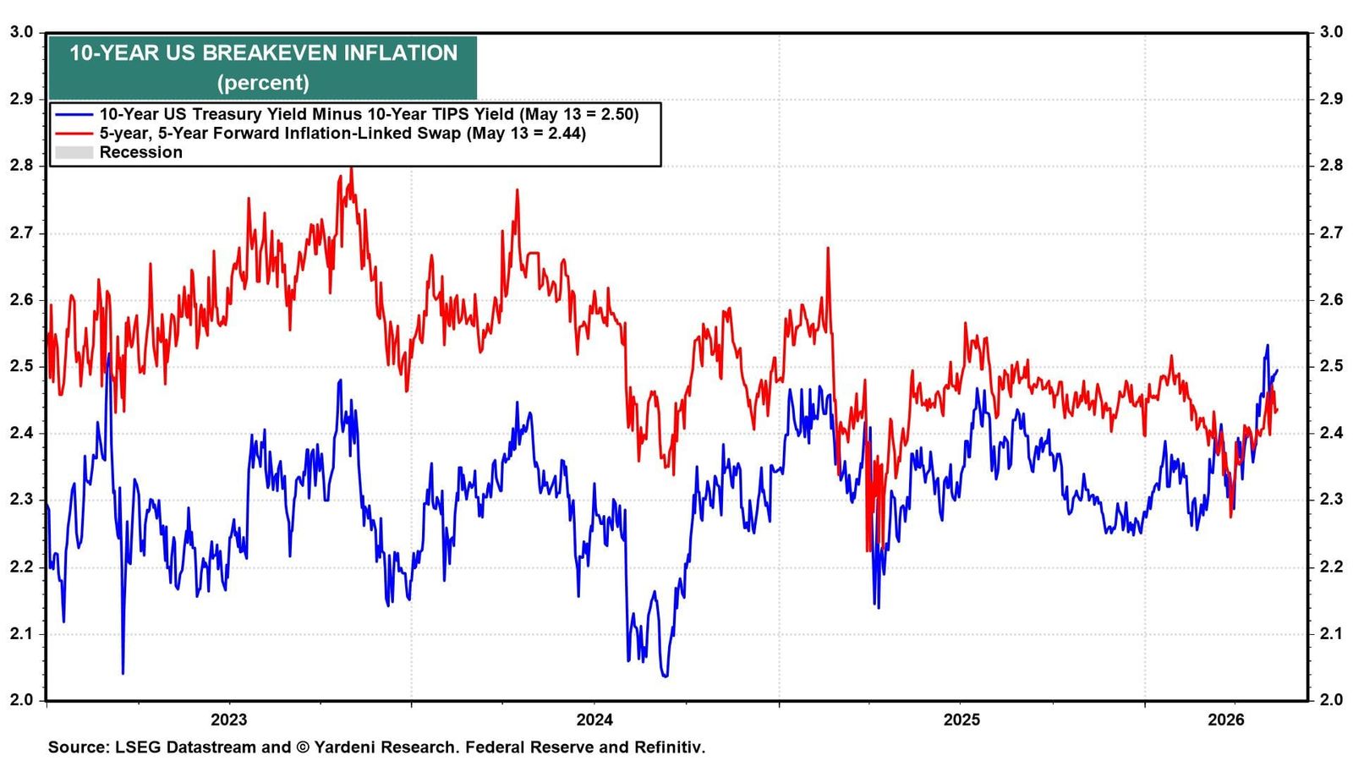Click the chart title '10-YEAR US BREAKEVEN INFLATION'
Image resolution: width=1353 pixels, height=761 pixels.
point(263,53)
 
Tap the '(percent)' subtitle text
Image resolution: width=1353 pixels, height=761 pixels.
point(263,82)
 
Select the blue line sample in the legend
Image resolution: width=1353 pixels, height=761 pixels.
point(74,114)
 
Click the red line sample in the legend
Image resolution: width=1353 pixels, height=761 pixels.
point(74,133)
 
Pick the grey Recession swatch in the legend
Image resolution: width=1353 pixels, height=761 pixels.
point(74,152)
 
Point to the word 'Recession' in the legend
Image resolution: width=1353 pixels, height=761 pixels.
point(140,152)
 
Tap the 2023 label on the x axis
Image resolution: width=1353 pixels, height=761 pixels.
point(229,720)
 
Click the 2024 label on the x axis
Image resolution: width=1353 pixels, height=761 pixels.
point(595,720)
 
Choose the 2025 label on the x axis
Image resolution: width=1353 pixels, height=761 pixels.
point(961,720)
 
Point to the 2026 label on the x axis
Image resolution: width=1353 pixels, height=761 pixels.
point(1226,720)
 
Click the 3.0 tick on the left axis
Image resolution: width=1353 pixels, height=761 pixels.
point(21,32)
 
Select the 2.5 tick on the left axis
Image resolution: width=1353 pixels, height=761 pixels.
point(21,367)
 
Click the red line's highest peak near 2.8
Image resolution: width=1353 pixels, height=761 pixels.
point(352,168)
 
